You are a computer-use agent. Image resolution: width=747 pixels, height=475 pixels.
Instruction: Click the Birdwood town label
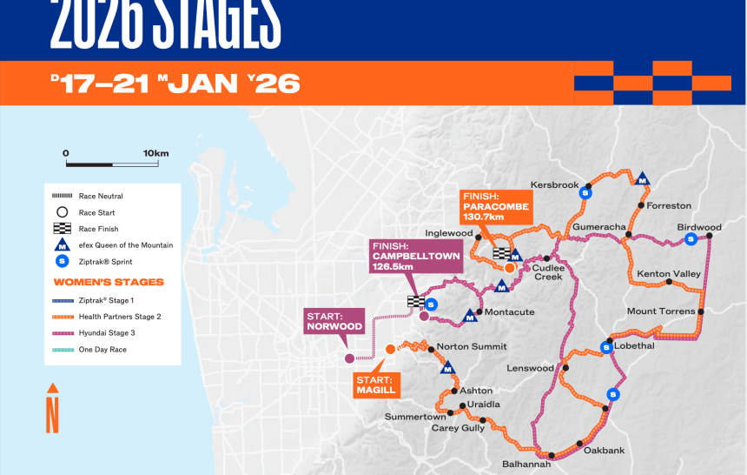[x=698, y=227]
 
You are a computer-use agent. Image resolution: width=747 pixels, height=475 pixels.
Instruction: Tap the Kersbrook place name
[x=554, y=185]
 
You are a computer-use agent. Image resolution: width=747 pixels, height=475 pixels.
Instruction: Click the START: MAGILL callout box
[x=375, y=385]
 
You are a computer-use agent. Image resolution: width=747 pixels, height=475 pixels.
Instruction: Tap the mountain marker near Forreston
[x=642, y=178]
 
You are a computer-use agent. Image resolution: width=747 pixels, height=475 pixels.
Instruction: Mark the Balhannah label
[x=526, y=464]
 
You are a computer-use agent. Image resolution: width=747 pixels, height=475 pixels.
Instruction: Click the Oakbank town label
[x=604, y=450]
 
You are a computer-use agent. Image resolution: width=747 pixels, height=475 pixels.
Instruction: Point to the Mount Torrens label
[x=661, y=311]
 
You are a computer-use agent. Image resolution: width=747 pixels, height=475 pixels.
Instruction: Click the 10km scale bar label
[x=155, y=153]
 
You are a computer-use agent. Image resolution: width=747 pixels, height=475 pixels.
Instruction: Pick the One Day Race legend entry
[x=102, y=349]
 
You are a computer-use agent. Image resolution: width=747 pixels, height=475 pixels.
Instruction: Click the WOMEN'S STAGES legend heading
[x=109, y=282]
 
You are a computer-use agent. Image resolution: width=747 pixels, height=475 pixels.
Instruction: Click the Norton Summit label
[x=471, y=346]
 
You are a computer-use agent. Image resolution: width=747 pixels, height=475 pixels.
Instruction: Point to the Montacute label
[x=509, y=311]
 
